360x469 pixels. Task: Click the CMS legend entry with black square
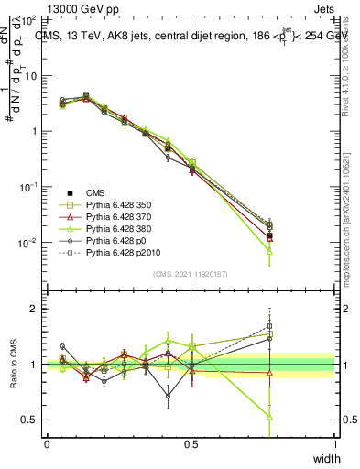pos(97,192)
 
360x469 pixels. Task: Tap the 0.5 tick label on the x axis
pos(191,444)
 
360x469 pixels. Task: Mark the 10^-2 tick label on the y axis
pos(27,243)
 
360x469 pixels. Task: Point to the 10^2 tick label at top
pos(29,19)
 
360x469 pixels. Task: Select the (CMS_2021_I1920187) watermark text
pos(191,274)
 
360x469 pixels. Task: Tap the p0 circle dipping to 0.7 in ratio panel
pos(168,397)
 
